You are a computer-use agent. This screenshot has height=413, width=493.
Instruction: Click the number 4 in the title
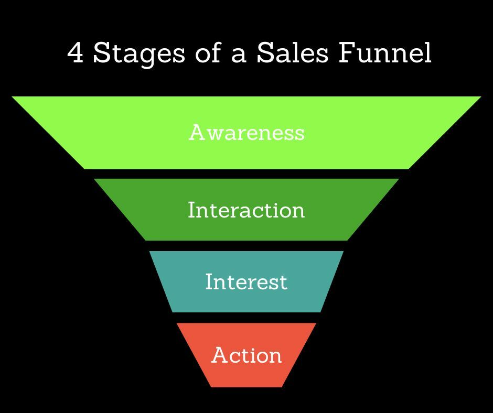pos(77,53)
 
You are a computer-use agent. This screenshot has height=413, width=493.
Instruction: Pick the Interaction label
pos(246,210)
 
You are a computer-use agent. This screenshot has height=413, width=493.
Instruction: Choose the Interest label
pos(246,281)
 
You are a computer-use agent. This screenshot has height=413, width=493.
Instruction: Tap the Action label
pos(246,355)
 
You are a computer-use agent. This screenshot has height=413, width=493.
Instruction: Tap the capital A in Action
pos(219,355)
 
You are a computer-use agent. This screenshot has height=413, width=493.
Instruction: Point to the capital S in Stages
pos(101,53)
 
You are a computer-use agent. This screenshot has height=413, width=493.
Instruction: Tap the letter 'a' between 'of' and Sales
pos(239,56)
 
